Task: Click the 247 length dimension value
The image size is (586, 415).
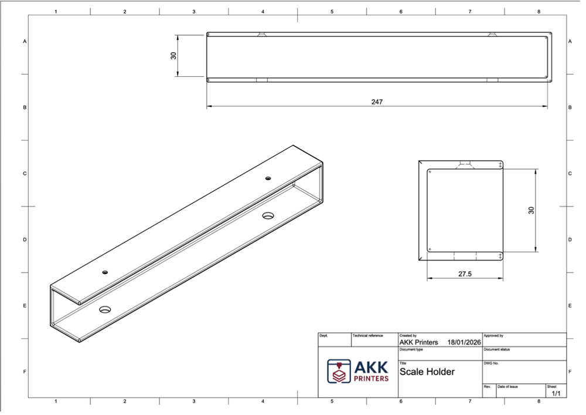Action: tap(377, 102)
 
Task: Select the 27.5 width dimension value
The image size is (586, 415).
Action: tap(465, 274)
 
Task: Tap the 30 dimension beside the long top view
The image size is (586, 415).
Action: tap(173, 55)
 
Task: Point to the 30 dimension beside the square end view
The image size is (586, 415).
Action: tap(531, 210)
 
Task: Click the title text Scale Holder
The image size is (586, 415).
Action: tap(427, 372)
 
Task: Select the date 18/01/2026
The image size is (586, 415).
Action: tap(464, 342)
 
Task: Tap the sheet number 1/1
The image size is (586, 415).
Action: tap(556, 393)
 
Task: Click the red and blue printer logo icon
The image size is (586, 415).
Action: tap(339, 371)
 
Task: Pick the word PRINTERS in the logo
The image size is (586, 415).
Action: tap(372, 379)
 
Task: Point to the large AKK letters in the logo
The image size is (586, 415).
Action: tap(372, 367)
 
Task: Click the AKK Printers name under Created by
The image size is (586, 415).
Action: tap(418, 342)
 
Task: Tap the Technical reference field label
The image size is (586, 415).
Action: tap(367, 336)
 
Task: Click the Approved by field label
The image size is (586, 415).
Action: tap(493, 336)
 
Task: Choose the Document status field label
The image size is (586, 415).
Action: tap(496, 349)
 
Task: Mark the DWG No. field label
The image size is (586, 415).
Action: tap(491, 363)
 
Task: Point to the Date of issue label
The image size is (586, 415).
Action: tap(507, 386)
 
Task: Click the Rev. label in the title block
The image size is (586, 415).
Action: tap(487, 386)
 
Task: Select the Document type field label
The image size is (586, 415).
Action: tap(411, 349)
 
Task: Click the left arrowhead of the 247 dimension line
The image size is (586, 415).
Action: tap(209, 107)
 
